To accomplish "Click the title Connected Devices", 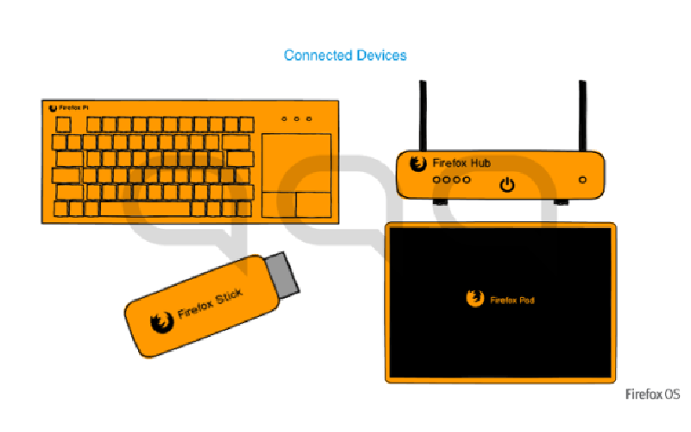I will click(345, 55).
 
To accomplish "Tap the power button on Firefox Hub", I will click(508, 183).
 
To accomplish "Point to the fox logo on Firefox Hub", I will click(418, 163).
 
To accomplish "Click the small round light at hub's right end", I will click(582, 180).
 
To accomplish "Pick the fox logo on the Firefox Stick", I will click(161, 323).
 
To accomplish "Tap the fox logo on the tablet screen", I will click(473, 299).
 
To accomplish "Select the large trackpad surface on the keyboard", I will click(296, 159).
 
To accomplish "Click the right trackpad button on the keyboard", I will click(314, 204).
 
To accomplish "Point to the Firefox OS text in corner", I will click(653, 395).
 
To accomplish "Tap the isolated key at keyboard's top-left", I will click(64, 124).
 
